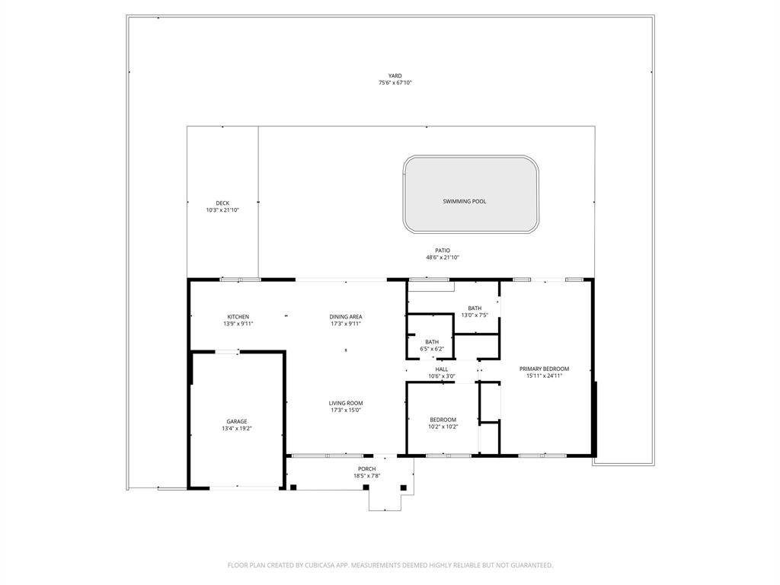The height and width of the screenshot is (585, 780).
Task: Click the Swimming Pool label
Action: coord(464,202)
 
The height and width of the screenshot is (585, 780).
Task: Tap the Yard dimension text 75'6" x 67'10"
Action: coord(395,83)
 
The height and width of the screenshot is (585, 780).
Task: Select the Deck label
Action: coord(222,203)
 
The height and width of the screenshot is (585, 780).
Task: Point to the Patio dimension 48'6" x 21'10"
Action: coord(443,257)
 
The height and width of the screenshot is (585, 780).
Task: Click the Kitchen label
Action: coord(238,317)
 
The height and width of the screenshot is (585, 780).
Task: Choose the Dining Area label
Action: coord(345,317)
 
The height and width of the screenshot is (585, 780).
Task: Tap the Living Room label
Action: coord(345,403)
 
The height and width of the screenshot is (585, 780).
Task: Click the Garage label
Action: coord(236,421)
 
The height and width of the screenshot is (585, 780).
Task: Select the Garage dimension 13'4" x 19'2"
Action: coord(236,428)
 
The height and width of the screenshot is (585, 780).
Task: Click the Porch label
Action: coord(366,468)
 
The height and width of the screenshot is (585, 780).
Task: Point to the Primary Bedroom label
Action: coord(544,369)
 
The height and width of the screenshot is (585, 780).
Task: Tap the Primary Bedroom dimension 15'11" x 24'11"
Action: coord(544,376)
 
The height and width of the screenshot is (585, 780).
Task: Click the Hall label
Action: coord(441,369)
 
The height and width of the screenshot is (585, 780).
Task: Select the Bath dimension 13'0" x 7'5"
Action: coord(475,315)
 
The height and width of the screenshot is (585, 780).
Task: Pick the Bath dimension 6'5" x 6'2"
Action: coord(432,349)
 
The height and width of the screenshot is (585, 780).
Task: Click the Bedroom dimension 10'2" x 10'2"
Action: coord(443,427)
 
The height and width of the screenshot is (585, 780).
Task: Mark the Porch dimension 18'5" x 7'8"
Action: coord(366,476)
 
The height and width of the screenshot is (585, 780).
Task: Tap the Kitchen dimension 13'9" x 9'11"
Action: coord(238,324)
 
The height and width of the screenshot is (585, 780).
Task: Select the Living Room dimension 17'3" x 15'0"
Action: coord(345,411)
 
